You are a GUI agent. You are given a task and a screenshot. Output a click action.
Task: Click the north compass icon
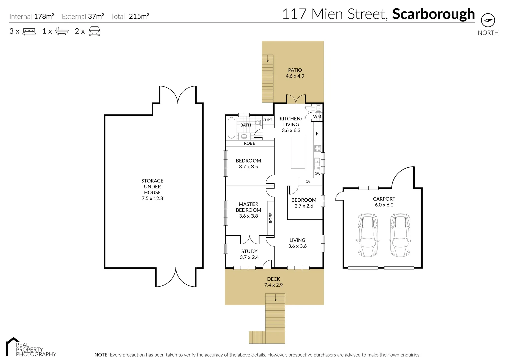488,20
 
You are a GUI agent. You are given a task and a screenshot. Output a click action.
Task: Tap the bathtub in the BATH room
231,128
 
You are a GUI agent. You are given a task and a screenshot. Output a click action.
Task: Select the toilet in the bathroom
257,123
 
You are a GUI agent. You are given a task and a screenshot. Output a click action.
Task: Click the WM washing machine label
317,117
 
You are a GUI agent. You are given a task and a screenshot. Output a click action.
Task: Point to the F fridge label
317,134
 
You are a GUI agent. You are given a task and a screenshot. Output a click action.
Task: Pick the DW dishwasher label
317,174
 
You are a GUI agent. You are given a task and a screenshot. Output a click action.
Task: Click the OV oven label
308,182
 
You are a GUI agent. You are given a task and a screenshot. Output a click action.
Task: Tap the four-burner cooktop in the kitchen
317,148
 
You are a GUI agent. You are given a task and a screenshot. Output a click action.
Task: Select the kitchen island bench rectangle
298,152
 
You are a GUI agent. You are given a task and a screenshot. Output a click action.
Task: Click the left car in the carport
367,235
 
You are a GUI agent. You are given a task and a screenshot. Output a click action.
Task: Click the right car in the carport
400,235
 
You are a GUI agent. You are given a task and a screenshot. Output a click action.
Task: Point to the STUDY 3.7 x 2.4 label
249,254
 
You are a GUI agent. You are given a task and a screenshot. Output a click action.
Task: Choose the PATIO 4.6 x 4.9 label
295,73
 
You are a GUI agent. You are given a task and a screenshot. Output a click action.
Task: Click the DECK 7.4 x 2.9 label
274,282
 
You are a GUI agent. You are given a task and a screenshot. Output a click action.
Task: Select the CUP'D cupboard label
268,120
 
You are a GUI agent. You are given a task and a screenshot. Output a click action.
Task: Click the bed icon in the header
29,31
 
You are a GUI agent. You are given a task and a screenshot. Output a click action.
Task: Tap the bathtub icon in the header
62,31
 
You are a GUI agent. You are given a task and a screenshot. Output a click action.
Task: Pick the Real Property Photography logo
31,347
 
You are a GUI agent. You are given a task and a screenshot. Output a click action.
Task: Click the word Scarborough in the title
433,14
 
